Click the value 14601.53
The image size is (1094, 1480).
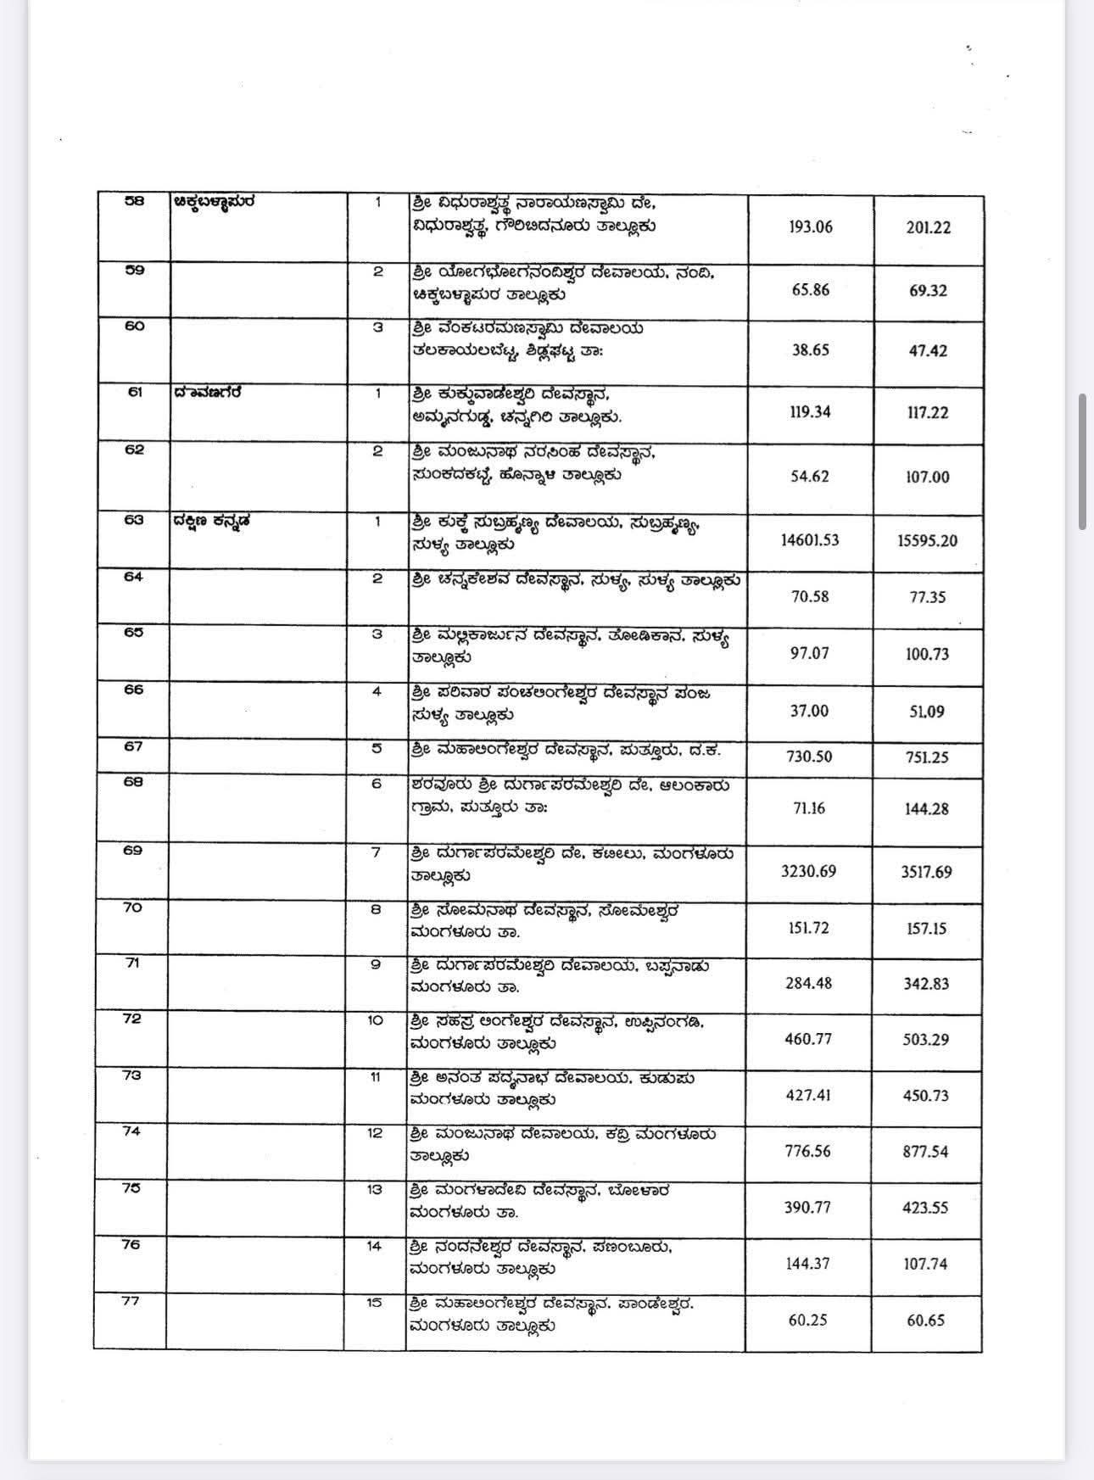tap(809, 539)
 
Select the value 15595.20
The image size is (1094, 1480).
tap(927, 540)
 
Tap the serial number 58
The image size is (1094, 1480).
tap(135, 202)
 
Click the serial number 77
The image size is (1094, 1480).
tap(131, 1301)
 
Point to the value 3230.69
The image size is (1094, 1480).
tap(809, 871)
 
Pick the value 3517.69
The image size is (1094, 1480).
tap(926, 872)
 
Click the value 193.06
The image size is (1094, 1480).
tap(810, 227)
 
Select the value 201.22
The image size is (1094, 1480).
tap(928, 228)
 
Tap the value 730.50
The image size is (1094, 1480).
tap(809, 757)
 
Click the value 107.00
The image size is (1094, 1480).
tap(928, 477)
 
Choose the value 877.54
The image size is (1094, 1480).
tap(926, 1152)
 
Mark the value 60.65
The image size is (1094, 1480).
tap(925, 1321)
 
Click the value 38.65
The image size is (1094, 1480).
tap(810, 349)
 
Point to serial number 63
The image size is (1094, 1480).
tap(134, 521)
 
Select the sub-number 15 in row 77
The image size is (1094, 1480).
tap(375, 1303)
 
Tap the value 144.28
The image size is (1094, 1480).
tap(926, 808)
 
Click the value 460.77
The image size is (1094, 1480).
tap(808, 1039)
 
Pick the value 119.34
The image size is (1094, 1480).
tap(810, 412)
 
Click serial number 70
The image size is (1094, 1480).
tap(132, 908)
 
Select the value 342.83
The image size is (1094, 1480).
tap(926, 984)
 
